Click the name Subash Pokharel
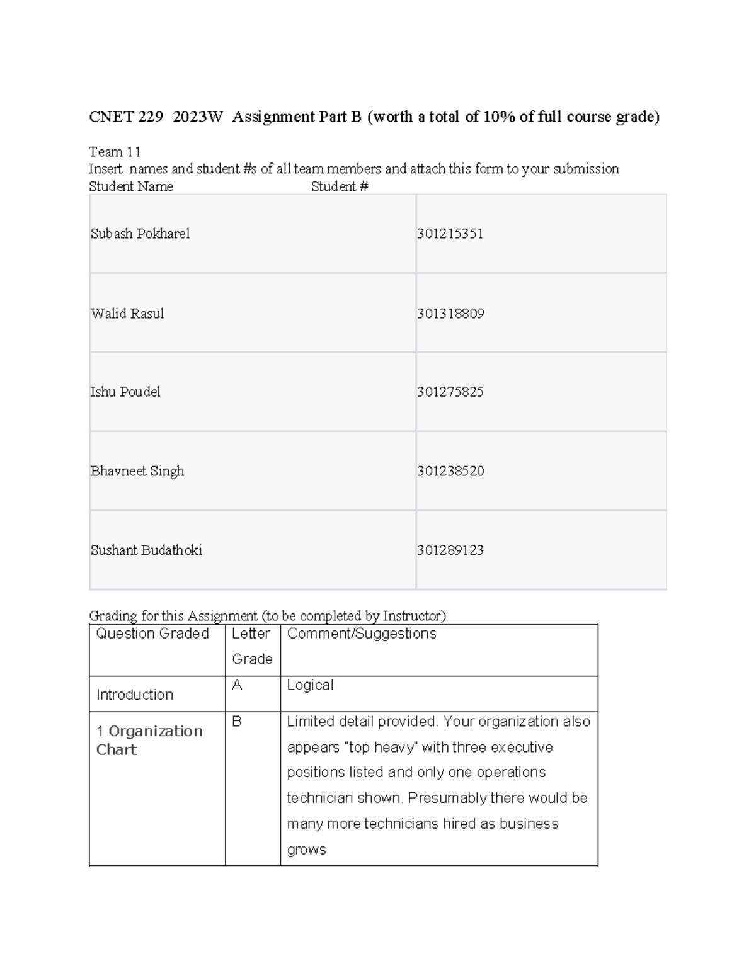(x=140, y=234)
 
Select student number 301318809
(x=450, y=314)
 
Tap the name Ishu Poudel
(x=125, y=392)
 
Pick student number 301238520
(x=450, y=471)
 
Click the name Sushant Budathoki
(x=146, y=550)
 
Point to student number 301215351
(x=450, y=234)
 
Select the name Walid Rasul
(x=127, y=314)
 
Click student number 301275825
(x=450, y=392)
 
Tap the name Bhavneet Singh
(x=137, y=471)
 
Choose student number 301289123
(x=450, y=550)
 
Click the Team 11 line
(x=115, y=152)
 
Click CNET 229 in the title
(x=126, y=117)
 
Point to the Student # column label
(x=340, y=186)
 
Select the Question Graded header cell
(x=152, y=634)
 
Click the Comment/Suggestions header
(x=362, y=634)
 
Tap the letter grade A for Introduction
(x=237, y=685)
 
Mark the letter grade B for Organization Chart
(x=237, y=722)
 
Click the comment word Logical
(x=310, y=685)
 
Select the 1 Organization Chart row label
(x=149, y=740)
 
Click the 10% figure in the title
(x=499, y=117)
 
